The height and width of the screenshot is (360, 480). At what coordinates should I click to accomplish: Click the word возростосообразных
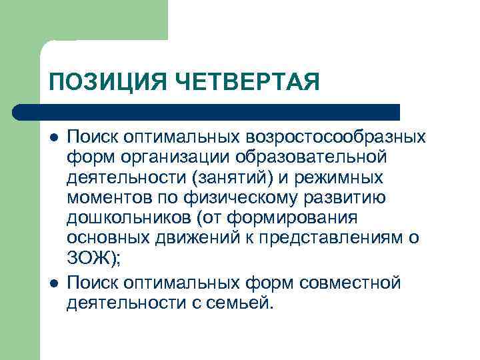(x=336, y=137)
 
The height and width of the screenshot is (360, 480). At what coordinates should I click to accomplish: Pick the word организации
(x=171, y=158)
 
